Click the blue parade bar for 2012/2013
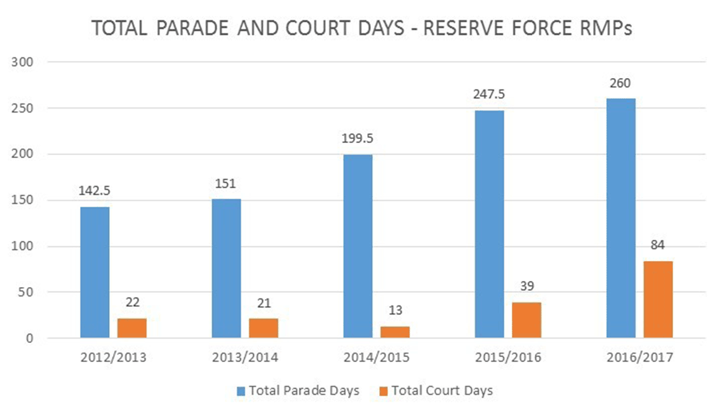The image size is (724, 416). [x=95, y=272]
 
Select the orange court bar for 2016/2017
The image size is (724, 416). [x=657, y=299]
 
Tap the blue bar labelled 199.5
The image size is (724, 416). [x=358, y=246]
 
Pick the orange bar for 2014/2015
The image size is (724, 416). [x=394, y=332]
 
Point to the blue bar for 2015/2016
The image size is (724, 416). [x=489, y=224]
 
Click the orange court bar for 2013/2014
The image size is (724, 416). [x=263, y=328]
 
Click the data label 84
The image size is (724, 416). [x=657, y=246]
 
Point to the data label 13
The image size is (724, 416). [x=394, y=311]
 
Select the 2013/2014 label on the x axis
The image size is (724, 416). [x=245, y=358]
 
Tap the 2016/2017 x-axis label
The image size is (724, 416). [x=639, y=358]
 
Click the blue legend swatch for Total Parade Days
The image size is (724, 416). [x=241, y=391]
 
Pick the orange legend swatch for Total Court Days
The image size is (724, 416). [x=384, y=391]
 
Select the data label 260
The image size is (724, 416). [x=620, y=84]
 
